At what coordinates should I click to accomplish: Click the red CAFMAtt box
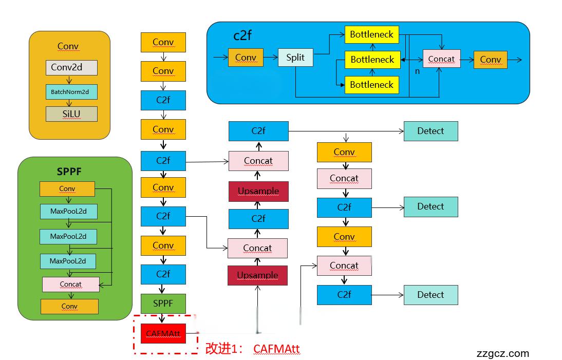point(162,334)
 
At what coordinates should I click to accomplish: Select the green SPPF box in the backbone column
point(163,304)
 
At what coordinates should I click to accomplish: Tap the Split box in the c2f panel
point(295,57)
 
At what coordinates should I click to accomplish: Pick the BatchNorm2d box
point(71,92)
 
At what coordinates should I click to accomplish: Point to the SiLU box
point(71,113)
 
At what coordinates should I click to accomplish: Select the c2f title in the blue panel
point(242,35)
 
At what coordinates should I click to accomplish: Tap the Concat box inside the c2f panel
point(441,59)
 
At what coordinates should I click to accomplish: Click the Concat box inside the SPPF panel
point(70,284)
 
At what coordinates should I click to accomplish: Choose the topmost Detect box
point(430,131)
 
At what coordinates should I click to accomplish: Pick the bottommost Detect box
point(430,295)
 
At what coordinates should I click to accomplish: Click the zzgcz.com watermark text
point(502,353)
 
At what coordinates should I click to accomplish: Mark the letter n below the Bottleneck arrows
point(417,71)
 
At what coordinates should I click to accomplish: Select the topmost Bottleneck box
point(371,34)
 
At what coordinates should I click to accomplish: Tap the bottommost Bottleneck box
point(371,85)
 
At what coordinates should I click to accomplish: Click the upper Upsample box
point(258,191)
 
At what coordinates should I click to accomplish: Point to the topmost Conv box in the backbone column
point(163,42)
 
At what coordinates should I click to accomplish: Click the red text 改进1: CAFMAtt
point(252,349)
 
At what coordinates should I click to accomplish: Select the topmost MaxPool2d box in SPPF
point(68,211)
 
